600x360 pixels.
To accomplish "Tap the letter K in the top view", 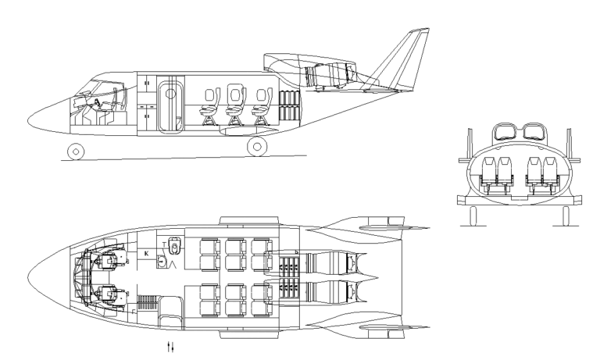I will [147, 254].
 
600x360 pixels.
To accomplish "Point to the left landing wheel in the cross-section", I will [473, 215].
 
